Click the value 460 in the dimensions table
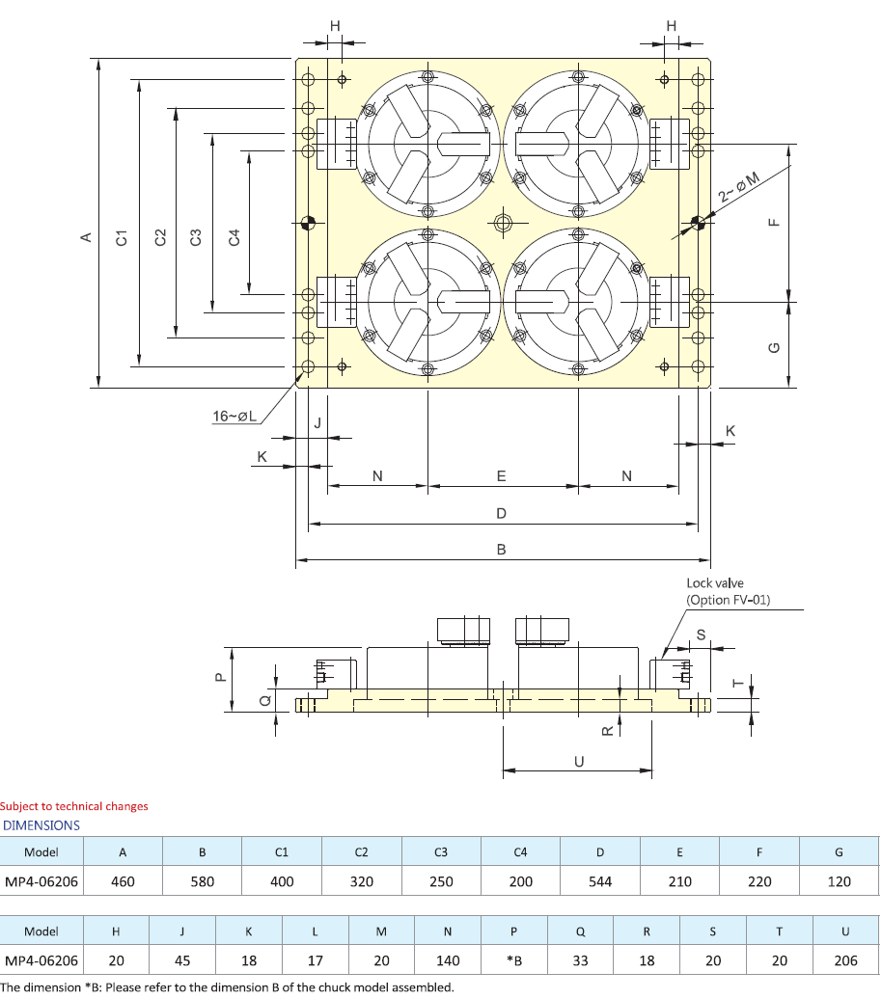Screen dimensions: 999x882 123,881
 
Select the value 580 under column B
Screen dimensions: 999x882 202,881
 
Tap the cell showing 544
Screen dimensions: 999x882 599,881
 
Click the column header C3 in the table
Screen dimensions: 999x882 440,851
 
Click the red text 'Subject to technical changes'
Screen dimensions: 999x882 74,806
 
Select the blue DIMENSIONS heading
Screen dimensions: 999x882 41,825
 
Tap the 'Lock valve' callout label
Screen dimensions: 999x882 714,582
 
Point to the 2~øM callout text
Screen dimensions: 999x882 739,186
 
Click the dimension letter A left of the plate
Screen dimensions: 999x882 85,237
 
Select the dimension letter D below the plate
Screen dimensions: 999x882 501,513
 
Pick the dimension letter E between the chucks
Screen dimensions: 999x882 501,476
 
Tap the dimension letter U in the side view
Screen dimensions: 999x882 579,761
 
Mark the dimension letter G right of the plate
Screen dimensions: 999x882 772,348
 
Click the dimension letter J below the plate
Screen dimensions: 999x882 317,422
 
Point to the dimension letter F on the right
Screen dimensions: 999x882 772,222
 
